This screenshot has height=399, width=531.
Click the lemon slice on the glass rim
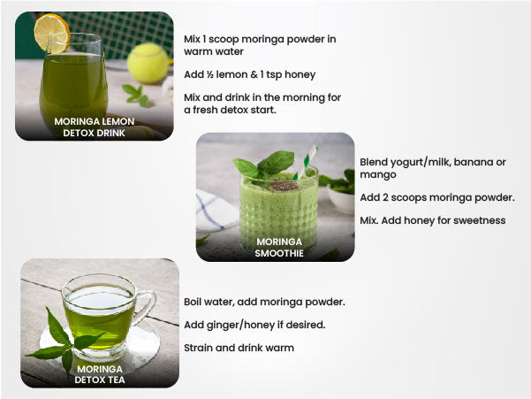[52, 34]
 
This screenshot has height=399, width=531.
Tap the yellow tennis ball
[148, 63]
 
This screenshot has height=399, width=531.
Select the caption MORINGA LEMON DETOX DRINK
[95, 127]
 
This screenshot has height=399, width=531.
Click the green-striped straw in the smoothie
[306, 161]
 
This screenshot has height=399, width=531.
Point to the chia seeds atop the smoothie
[284, 186]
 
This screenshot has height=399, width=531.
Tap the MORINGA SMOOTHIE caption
[279, 248]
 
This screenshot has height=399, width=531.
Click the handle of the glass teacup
[146, 306]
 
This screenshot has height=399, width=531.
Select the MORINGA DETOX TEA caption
[100, 374]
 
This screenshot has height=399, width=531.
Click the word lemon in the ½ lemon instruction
[230, 74]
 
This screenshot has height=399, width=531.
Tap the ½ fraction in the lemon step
[209, 74]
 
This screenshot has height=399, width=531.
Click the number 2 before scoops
[385, 197]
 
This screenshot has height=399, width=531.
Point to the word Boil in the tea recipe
[192, 302]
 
